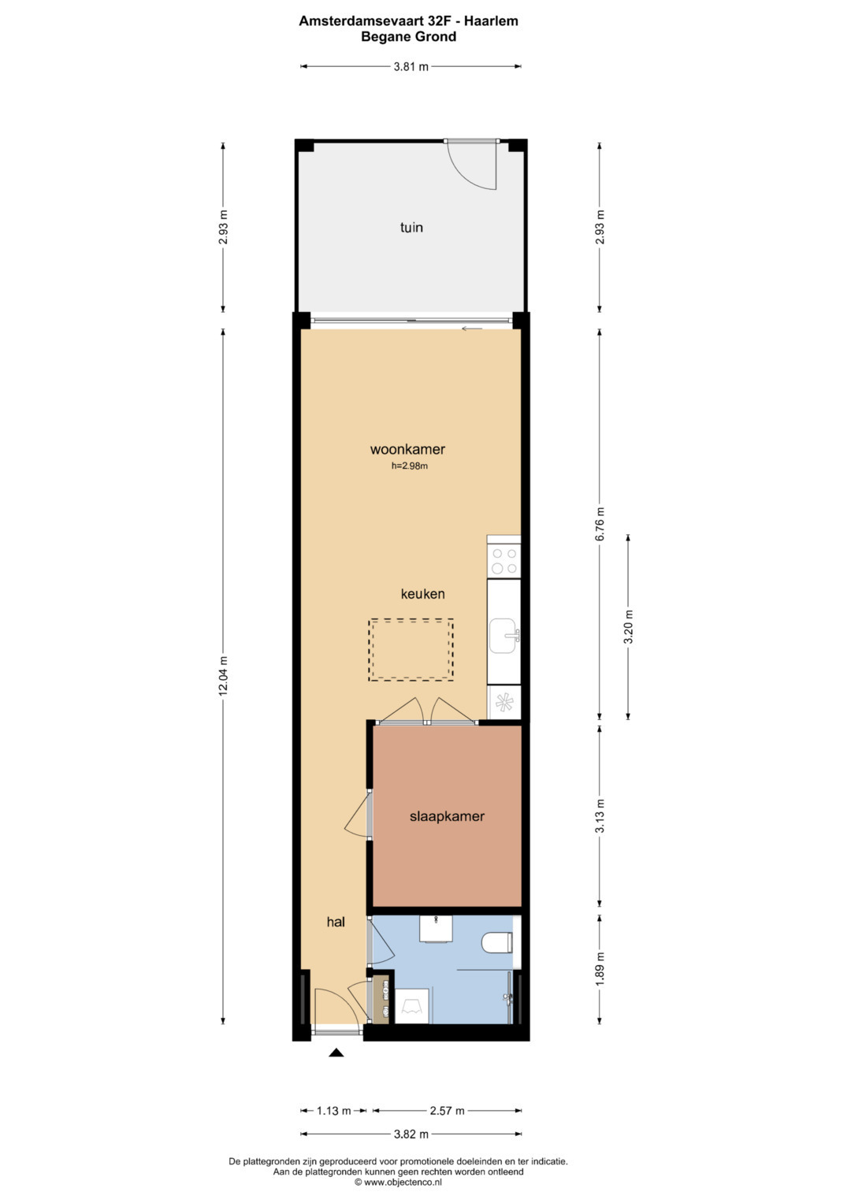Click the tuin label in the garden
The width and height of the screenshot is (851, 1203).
pos(411,227)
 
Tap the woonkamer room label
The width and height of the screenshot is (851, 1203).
pos(408,449)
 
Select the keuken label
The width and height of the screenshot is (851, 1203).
pos(423,594)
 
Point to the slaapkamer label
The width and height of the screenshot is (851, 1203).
pos(447,817)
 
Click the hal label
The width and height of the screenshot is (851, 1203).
pos(336,922)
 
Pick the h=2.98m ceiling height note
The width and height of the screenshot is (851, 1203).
pos(410,466)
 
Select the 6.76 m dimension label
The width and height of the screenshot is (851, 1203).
pos(600,524)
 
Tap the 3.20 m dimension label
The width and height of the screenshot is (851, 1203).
pos(629,627)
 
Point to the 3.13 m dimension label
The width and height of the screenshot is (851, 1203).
pos(600,816)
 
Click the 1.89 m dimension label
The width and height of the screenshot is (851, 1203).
pos(600,969)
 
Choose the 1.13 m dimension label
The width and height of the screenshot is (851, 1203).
pos(333,1111)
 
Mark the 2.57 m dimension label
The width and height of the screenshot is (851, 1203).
pos(447,1111)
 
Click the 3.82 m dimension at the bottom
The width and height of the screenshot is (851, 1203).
pos(411,1134)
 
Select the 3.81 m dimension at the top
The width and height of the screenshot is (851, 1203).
pos(411,67)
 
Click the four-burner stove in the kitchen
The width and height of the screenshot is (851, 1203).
pos(504,561)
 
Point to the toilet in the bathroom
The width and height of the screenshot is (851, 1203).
pos(497,942)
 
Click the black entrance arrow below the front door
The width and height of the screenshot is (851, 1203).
pos(336,1053)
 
